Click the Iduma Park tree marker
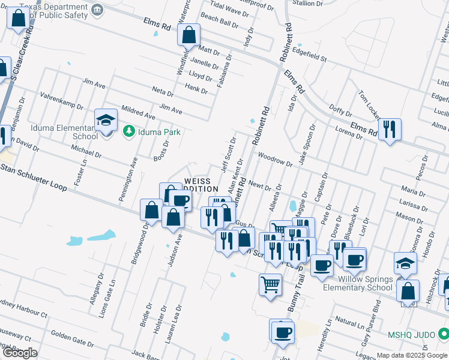128,131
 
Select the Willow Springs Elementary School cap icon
405,262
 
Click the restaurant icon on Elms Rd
390,129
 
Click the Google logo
19,353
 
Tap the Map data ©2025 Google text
412,355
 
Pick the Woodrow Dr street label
274,159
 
